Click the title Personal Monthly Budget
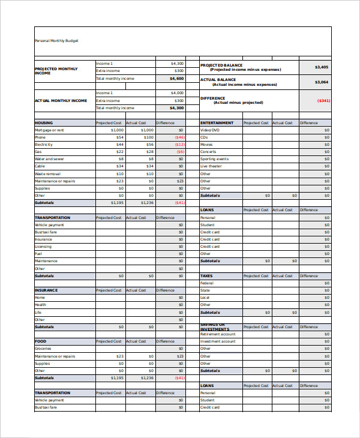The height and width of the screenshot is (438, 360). pyautogui.click(x=56, y=41)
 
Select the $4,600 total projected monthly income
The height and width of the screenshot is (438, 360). pyautogui.click(x=176, y=79)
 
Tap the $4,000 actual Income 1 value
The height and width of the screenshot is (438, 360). pyautogui.click(x=177, y=93)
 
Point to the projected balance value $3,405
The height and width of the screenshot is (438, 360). pyautogui.click(x=322, y=67)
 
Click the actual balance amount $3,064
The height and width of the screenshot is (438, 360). pyautogui.click(x=322, y=82)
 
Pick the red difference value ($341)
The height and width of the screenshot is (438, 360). pyautogui.click(x=323, y=100)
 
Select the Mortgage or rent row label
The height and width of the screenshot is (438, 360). pyautogui.click(x=50, y=130)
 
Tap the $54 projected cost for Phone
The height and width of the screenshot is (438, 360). pyautogui.click(x=120, y=137)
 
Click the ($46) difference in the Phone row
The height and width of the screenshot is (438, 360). pyautogui.click(x=179, y=137)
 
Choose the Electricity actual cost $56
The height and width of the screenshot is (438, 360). pyautogui.click(x=149, y=145)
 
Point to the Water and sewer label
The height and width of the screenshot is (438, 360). pyautogui.click(x=49, y=159)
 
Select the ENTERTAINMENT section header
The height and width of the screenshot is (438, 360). pyautogui.click(x=217, y=122)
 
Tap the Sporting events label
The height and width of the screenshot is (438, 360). pyautogui.click(x=214, y=159)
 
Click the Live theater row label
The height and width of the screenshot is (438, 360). pyautogui.click(x=211, y=166)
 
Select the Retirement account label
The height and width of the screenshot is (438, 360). pyautogui.click(x=218, y=334)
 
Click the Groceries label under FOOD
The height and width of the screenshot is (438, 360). pyautogui.click(x=43, y=349)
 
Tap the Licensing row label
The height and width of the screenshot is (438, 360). pyautogui.click(x=43, y=247)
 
